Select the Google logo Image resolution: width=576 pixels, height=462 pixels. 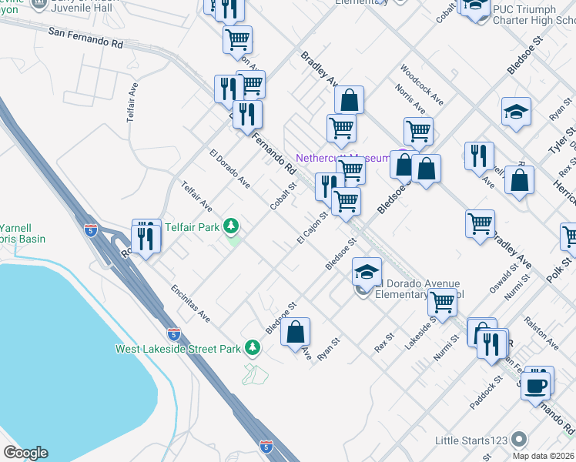click(x=25, y=453)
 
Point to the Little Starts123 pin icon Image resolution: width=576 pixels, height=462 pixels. click(x=519, y=439)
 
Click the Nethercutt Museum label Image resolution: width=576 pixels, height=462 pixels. click(x=343, y=157)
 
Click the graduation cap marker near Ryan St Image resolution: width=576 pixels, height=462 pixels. click(x=516, y=112)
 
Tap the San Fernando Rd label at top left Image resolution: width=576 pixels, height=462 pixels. click(x=85, y=38)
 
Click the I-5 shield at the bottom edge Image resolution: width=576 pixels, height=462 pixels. click(x=266, y=446)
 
